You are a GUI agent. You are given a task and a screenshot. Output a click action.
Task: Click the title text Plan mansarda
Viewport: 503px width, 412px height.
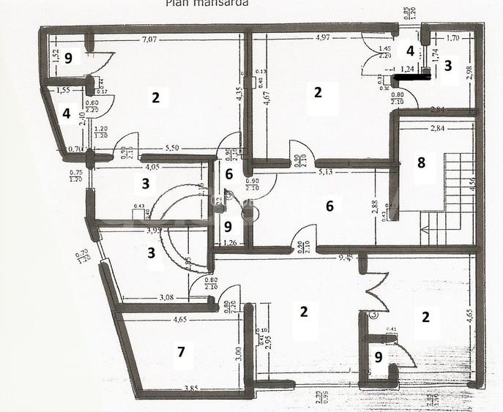tap(206, 3)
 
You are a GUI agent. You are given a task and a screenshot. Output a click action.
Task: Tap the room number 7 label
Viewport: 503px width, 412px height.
tap(180, 353)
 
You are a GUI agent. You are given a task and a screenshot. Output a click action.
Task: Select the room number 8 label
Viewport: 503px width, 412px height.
tap(421, 162)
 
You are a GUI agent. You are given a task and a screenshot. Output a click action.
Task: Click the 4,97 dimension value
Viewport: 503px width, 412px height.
tap(326, 38)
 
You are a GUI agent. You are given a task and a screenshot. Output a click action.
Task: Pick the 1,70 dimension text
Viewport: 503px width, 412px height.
tap(452, 37)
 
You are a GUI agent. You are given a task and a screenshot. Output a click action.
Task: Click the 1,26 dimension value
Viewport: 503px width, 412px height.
tap(229, 244)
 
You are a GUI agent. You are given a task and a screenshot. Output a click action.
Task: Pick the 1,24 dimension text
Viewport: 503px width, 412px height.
tap(407, 68)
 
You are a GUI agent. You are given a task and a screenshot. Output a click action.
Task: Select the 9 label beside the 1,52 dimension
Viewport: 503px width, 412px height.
tap(67, 58)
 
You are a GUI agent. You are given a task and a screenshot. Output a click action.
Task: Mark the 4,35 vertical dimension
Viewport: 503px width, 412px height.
tap(239, 95)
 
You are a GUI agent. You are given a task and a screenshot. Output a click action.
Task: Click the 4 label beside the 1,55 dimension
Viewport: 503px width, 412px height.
tap(66, 114)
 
